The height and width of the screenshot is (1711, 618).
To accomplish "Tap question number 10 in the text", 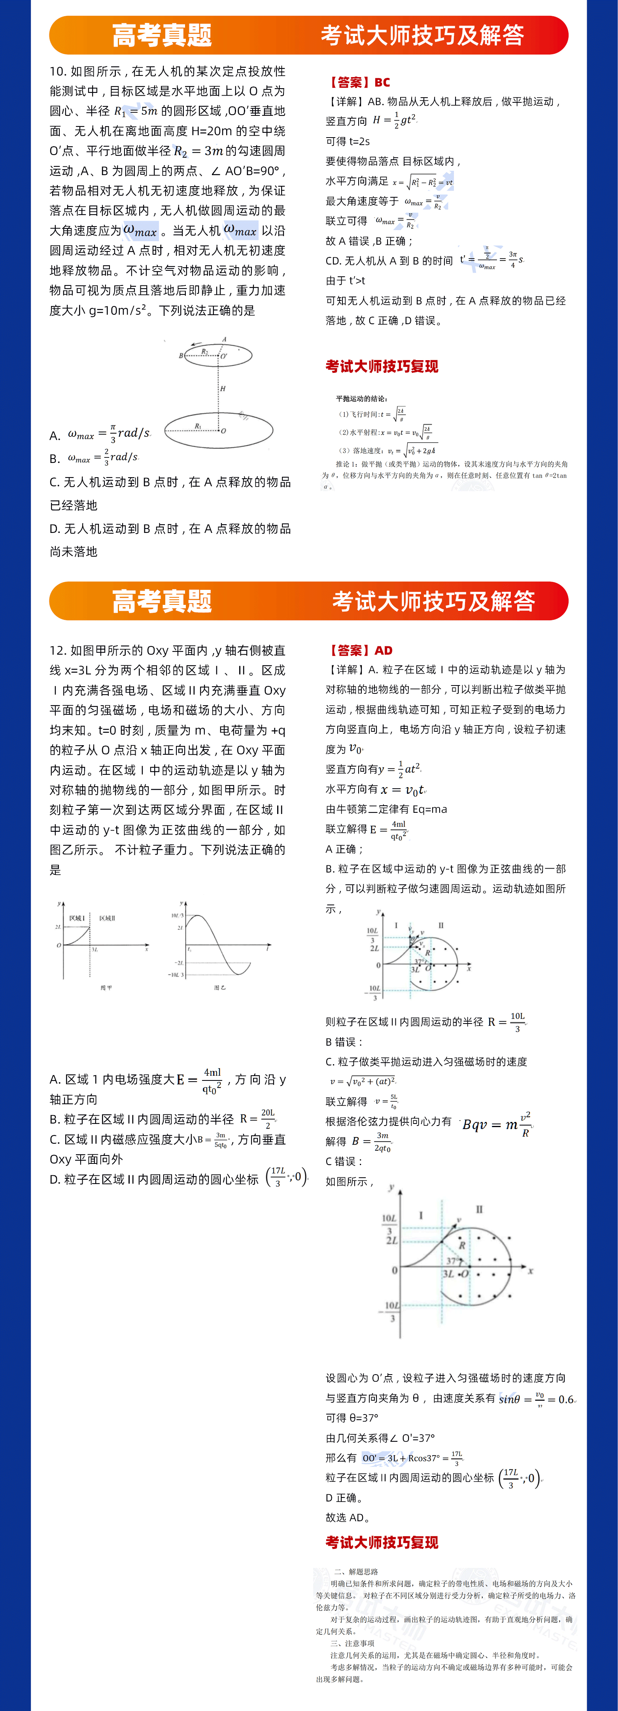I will point(57,72).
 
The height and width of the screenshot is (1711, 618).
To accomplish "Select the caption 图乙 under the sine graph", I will point(220,988).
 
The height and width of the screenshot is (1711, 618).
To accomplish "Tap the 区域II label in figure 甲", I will point(107,919).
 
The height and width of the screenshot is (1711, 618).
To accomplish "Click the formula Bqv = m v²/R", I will point(497,1124).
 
